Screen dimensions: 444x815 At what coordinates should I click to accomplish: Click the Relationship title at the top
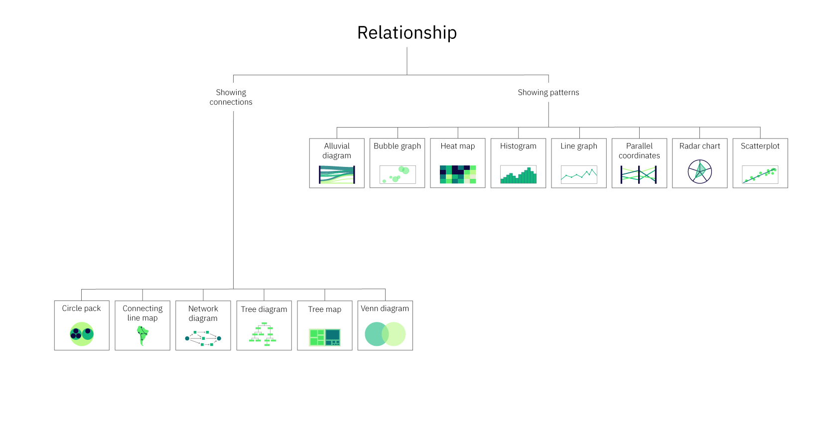[407, 33]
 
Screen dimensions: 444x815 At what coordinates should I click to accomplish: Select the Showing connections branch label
[231, 97]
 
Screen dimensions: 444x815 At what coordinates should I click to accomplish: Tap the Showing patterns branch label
[548, 92]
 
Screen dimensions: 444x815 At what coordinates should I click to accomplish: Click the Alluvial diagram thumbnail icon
[337, 175]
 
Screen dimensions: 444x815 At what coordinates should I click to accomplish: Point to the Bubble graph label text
[397, 146]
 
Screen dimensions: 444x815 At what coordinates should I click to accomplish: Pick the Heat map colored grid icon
[458, 174]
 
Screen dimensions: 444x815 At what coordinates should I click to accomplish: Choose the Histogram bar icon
[518, 175]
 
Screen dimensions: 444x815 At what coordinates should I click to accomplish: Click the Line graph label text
[578, 146]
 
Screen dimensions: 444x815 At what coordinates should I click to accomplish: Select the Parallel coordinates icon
[639, 174]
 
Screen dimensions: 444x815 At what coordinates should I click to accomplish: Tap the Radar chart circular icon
[699, 172]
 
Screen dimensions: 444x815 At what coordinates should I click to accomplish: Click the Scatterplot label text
[760, 146]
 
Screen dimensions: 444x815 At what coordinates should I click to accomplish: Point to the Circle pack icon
[82, 334]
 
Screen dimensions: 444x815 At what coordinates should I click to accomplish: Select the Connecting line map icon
[142, 335]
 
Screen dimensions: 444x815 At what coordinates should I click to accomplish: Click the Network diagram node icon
[203, 338]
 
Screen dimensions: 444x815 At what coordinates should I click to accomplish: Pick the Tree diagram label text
[264, 309]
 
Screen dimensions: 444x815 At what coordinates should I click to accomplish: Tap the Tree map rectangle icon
[324, 337]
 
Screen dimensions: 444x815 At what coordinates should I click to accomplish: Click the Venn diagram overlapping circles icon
[385, 334]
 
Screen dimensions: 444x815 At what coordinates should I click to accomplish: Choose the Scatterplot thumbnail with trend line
[760, 175]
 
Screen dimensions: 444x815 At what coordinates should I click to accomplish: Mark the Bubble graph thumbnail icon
[397, 174]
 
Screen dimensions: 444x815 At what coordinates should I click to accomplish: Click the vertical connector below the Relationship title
[407, 61]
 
